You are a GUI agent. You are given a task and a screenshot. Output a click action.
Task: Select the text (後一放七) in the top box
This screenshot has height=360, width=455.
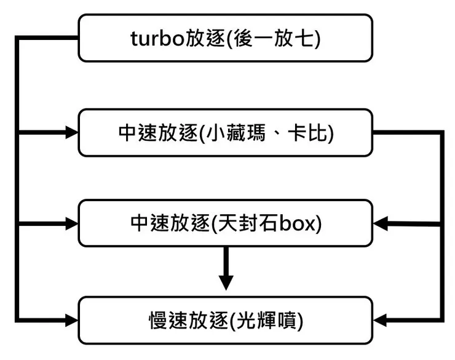click(272, 38)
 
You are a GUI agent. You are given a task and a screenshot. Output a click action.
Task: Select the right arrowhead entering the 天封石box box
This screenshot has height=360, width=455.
click(382, 224)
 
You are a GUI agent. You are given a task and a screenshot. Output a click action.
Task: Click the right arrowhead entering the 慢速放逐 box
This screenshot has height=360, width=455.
click(382, 320)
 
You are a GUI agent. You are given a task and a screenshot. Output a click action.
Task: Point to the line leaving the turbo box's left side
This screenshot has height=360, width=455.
click(49, 39)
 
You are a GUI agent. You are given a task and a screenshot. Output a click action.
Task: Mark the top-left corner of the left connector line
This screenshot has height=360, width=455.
click(18, 39)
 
